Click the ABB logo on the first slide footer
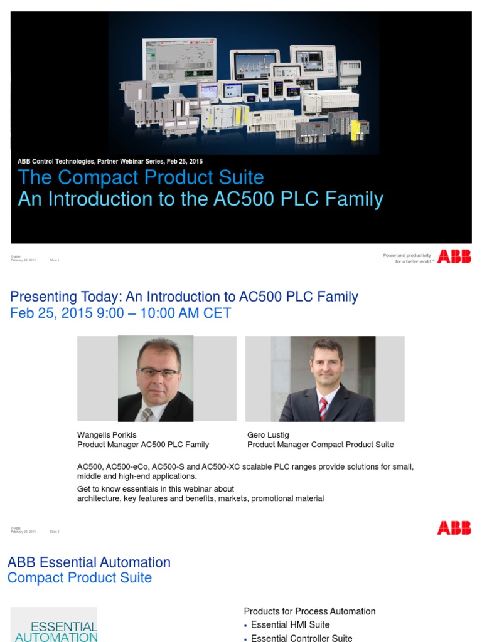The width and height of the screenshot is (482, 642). click(454, 256)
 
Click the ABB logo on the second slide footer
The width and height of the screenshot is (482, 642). click(454, 528)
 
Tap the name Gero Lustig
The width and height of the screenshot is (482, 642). click(268, 435)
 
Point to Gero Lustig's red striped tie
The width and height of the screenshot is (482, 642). click(323, 408)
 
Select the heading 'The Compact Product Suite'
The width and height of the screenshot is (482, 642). click(141, 177)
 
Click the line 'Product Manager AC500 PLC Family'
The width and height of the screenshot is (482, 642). click(143, 445)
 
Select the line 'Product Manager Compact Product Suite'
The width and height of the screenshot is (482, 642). click(321, 445)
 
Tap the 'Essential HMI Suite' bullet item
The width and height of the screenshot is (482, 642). click(290, 624)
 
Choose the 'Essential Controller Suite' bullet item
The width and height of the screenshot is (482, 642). click(301, 638)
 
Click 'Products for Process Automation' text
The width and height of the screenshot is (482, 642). click(309, 611)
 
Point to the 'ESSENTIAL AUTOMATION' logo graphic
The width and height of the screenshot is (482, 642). click(55, 630)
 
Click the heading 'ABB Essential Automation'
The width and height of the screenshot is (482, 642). click(89, 562)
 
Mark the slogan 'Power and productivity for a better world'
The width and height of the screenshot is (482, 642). click(407, 258)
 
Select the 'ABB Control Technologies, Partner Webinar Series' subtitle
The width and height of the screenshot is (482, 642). click(110, 161)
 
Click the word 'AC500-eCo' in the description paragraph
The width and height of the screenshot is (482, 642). click(129, 467)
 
